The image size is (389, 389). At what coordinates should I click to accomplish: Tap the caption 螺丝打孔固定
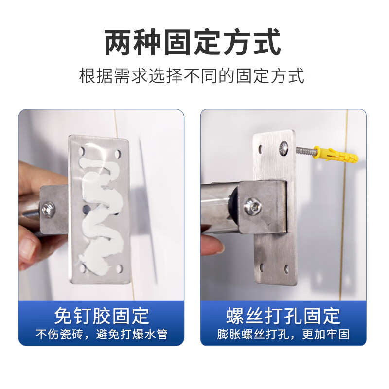coord(283,316)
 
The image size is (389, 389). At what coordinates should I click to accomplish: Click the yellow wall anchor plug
coord(336,155)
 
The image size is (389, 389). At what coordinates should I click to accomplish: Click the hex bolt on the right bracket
coord(253,207)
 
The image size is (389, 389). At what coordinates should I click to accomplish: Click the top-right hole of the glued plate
coord(119,154)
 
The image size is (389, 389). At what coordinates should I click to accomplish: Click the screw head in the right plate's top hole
coord(284,145)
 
